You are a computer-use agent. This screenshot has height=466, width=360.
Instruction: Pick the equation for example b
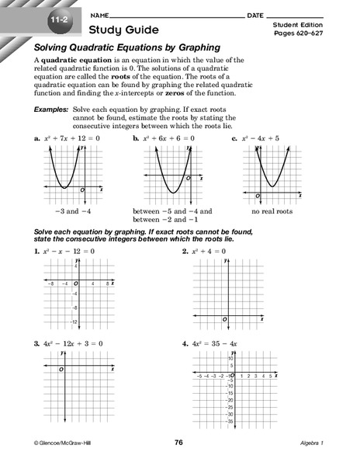(169, 138)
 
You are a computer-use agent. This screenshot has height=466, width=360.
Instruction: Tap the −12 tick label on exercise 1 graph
(72, 322)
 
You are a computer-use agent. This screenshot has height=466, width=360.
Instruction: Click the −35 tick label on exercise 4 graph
(230, 423)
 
